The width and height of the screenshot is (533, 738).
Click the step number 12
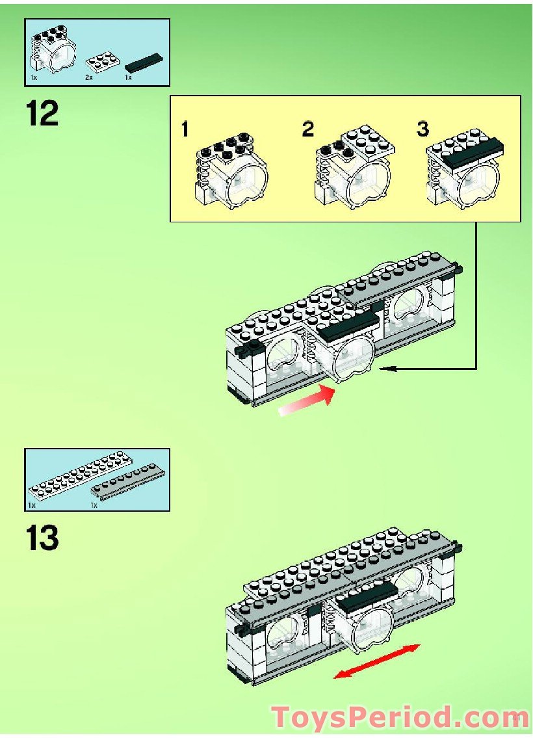pyautogui.click(x=42, y=114)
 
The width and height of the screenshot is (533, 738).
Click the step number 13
pyautogui.click(x=42, y=539)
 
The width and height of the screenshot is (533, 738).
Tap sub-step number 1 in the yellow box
pyautogui.click(x=185, y=130)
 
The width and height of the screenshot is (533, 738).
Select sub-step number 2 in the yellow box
pyautogui.click(x=307, y=129)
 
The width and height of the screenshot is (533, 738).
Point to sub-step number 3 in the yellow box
pyautogui.click(x=423, y=129)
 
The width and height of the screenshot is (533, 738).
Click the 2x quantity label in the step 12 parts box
pyautogui.click(x=90, y=77)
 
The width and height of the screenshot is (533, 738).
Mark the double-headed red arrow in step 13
pyautogui.click(x=377, y=661)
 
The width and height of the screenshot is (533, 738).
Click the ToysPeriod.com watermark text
pyautogui.click(x=400, y=717)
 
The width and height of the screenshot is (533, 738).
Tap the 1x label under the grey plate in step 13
pyautogui.click(x=94, y=505)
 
